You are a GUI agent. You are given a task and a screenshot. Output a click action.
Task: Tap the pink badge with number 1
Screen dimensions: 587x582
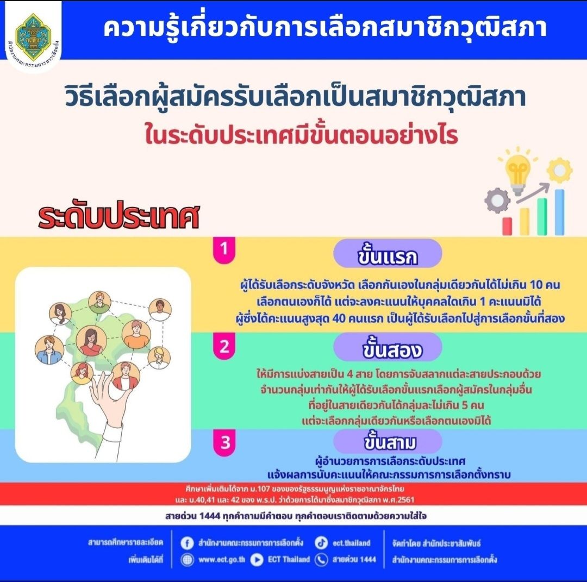[x=224, y=249]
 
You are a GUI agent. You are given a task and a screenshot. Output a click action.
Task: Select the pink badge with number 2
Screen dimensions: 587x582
[x=224, y=346]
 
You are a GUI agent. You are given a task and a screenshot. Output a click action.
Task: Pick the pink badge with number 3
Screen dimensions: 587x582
[x=224, y=442]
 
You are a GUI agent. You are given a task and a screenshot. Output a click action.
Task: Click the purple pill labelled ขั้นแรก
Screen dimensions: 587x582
[x=388, y=253]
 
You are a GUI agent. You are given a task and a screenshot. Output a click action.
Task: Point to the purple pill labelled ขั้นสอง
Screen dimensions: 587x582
[x=388, y=347]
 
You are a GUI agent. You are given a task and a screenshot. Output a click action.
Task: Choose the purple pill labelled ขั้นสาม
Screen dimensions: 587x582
[x=388, y=442]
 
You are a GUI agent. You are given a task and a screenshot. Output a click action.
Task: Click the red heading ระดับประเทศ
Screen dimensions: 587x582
[x=118, y=216]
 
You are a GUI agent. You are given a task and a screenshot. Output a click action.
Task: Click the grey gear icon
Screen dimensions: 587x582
[x=497, y=201]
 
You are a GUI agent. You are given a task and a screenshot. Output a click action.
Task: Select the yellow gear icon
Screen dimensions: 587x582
[x=559, y=170]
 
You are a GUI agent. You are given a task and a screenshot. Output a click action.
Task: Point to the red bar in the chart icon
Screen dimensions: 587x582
[x=507, y=227]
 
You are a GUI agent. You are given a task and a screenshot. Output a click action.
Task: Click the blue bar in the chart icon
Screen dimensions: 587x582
[x=559, y=212]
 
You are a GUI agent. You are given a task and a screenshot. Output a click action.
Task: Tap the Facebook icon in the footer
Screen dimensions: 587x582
[x=187, y=543]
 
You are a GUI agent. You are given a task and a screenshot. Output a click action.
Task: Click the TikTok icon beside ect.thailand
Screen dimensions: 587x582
[x=321, y=543]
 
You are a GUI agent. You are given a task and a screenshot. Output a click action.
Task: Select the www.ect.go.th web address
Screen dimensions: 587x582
[x=222, y=560]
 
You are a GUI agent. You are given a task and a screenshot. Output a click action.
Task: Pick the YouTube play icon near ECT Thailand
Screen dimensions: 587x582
[x=257, y=560]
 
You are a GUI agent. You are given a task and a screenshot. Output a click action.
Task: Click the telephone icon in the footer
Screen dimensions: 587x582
[x=321, y=560]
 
